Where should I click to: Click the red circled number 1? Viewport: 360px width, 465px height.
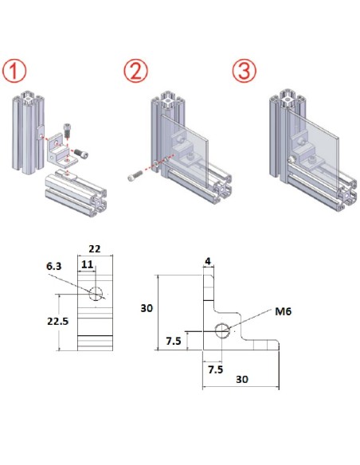coord(14,71)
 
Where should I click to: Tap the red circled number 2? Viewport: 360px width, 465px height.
coord(135,71)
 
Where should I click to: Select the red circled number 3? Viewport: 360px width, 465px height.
coord(244,71)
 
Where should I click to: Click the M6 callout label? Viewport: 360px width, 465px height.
coord(284,311)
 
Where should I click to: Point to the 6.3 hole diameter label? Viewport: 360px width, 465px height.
coord(54,266)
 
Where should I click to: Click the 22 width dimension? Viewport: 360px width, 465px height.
coord(95,248)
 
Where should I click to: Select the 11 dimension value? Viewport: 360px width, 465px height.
coord(87,264)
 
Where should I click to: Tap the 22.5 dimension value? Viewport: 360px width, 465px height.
coord(58,321)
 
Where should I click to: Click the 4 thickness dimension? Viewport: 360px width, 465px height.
coord(208,261)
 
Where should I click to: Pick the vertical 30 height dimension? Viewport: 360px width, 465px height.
coord(147,308)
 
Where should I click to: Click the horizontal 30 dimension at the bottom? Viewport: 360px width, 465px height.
coord(242,379)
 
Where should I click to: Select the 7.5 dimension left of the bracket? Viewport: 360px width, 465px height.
coord(174,341)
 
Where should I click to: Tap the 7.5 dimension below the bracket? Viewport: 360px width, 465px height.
coord(215,369)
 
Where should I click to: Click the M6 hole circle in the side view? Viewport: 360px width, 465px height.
coord(222,330)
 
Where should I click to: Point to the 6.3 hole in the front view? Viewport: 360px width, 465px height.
coord(96,294)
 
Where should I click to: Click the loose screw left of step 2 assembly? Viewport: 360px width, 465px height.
coord(135,175)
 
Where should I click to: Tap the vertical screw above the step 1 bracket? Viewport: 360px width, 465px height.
coord(67,130)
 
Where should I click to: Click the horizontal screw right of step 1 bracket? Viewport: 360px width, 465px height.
coord(81,153)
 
